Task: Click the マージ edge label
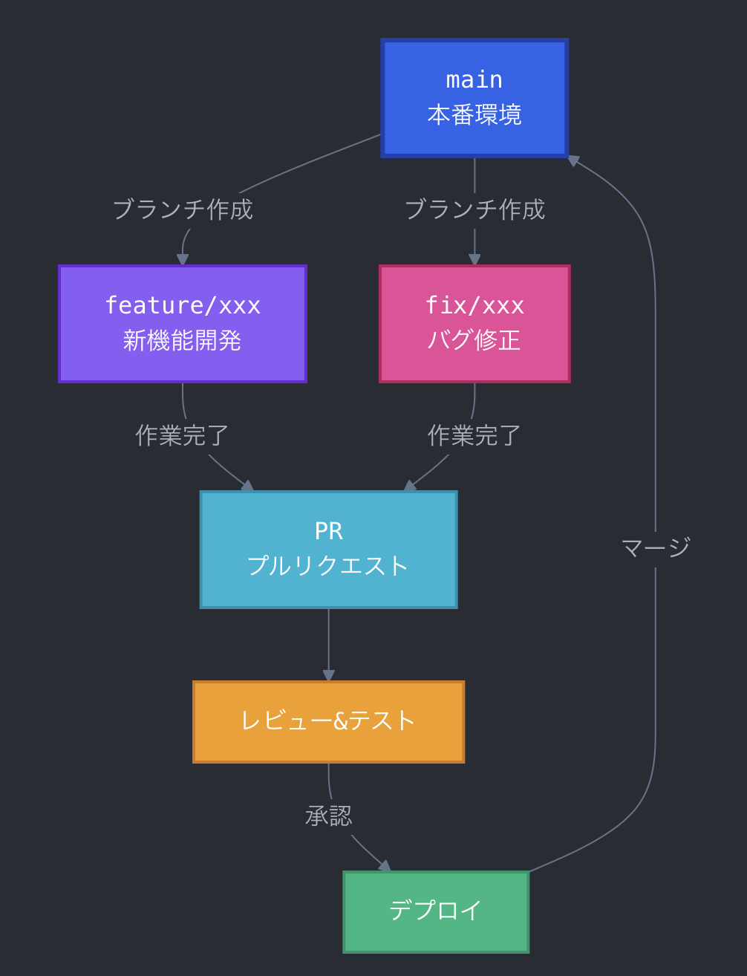655,548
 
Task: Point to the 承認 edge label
328,816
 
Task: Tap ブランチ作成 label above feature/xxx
183,210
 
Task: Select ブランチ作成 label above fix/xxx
474,210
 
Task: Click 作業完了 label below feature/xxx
182,436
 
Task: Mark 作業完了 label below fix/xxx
474,436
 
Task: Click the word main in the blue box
474,79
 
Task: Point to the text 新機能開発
182,341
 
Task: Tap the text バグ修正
474,341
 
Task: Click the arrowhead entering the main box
573,160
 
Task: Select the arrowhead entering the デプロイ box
385,866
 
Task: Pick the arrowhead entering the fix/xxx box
474,260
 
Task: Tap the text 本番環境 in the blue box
474,115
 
